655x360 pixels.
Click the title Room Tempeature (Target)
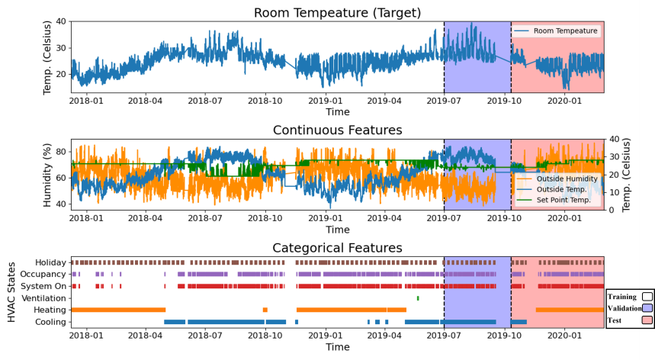[x=337, y=12]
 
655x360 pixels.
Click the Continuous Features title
[x=337, y=130]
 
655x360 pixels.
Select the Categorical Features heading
[x=337, y=248]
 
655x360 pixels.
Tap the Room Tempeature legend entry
[x=565, y=31]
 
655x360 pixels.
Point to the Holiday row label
[x=51, y=262]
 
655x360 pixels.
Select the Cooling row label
[x=50, y=322]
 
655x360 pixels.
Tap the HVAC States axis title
[x=11, y=292]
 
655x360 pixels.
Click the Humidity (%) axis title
[x=47, y=175]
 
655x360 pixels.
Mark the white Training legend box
[x=647, y=295]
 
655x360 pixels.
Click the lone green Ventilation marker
[x=418, y=297]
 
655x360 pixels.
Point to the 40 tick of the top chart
[x=61, y=21]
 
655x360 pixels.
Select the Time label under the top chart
[x=337, y=111]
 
